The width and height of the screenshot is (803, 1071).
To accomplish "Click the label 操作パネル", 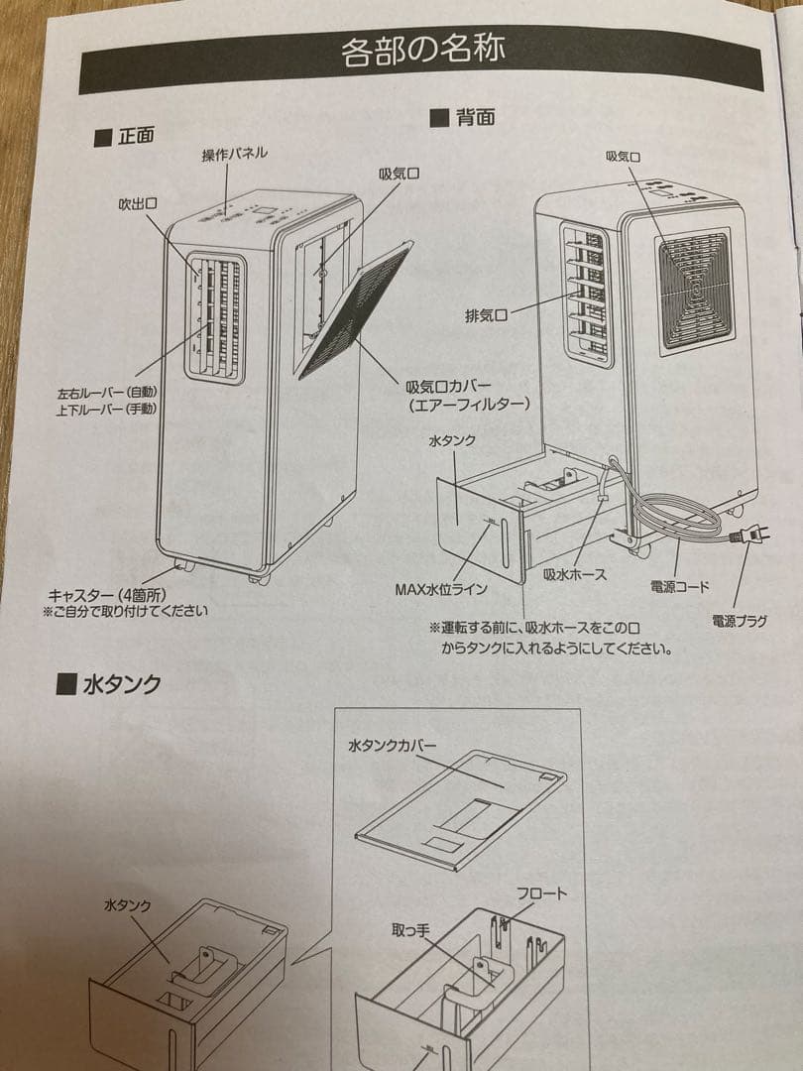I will click(235, 155).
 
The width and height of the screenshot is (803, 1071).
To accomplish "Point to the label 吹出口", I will click(138, 204).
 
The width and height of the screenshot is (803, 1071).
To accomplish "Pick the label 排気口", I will click(487, 316).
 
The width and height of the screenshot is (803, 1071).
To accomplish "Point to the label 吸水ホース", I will click(574, 573).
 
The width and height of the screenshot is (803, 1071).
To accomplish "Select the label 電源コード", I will click(680, 587).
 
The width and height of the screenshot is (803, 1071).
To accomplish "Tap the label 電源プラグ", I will click(739, 621).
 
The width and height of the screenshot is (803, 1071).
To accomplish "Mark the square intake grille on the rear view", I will click(695, 290).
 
